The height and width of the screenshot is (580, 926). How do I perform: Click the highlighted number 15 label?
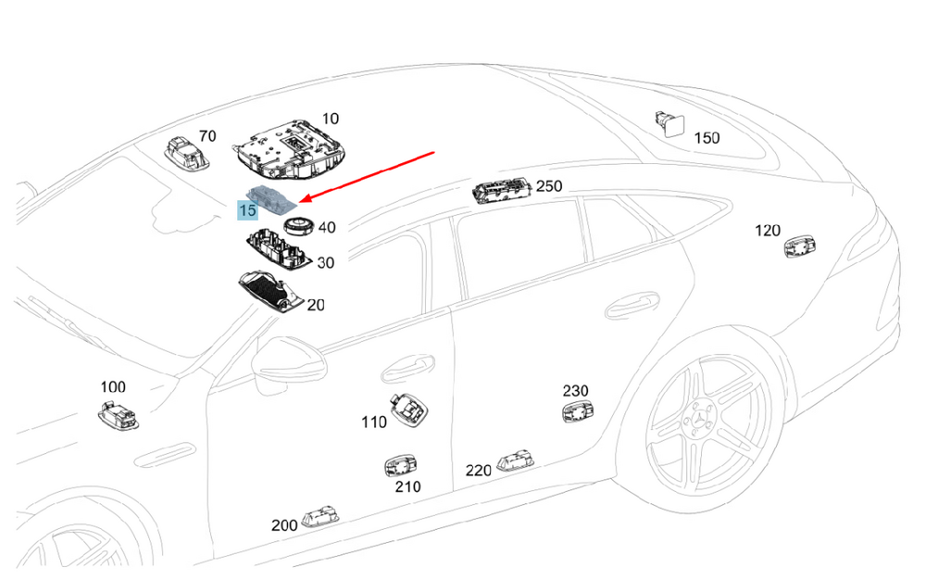coord(247,210)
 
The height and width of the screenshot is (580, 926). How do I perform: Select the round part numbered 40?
coord(298,226)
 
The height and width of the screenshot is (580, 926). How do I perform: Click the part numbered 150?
coord(669,123)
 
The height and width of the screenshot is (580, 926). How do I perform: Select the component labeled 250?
coord(503,192)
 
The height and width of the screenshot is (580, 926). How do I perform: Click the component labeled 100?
coord(118,413)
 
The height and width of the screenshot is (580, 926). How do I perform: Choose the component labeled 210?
coord(400,465)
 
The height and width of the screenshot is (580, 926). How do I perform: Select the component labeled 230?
coord(576,412)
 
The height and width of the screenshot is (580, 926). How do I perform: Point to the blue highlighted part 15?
coord(271,196)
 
